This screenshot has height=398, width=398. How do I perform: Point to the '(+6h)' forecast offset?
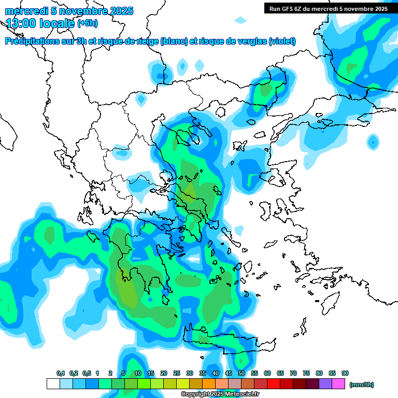(x=87, y=23)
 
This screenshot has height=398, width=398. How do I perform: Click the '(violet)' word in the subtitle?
(x=282, y=41)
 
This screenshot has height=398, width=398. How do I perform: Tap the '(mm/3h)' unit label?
(x=361, y=385)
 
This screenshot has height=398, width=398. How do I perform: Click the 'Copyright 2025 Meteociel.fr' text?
(x=220, y=394)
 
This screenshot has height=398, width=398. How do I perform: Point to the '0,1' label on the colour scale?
(x=61, y=373)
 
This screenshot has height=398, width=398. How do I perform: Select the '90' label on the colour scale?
(x=345, y=373)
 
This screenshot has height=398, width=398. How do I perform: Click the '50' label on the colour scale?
(x=241, y=373)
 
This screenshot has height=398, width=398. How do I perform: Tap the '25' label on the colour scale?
(x=177, y=373)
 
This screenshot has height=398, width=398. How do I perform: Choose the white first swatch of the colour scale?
(x=53, y=384)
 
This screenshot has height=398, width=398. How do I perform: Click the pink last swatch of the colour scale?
(x=338, y=384)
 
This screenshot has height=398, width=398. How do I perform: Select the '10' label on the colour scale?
(x=138, y=373)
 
